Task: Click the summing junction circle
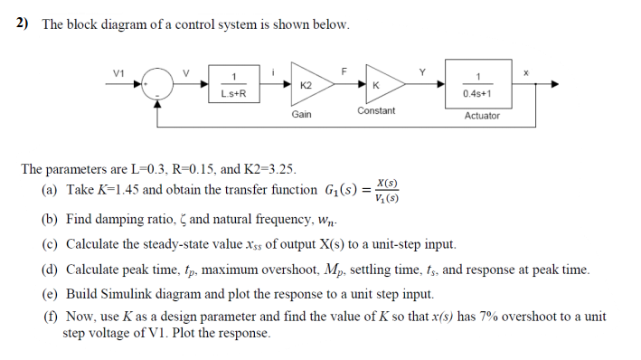point(161,84)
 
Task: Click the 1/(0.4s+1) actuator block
point(476,84)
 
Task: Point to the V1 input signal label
point(117,71)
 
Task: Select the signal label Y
point(421,71)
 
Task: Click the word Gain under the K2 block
point(302,115)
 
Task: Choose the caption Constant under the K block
point(376,110)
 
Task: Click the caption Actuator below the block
point(482,116)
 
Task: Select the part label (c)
point(51,244)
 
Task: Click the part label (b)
point(51,220)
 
